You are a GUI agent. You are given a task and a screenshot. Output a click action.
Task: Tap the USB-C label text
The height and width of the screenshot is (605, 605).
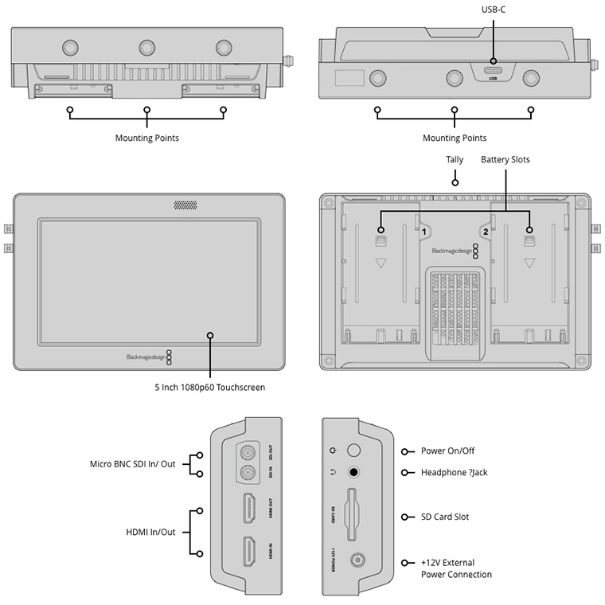click(494, 9)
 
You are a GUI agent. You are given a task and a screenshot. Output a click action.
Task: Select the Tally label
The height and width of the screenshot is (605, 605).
click(455, 160)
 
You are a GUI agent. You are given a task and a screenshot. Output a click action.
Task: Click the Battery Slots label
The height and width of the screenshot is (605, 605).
click(505, 160)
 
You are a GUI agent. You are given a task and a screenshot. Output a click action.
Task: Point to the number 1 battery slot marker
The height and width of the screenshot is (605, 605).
click(424, 232)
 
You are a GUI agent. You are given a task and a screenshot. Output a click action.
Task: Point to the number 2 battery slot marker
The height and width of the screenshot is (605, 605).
click(485, 232)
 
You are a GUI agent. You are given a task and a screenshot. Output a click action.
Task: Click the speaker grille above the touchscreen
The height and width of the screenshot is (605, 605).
click(185, 205)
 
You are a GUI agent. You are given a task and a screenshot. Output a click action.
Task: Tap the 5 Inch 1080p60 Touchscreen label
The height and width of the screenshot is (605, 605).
click(209, 387)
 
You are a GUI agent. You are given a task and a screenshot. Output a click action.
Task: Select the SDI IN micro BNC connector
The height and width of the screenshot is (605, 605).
click(248, 476)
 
